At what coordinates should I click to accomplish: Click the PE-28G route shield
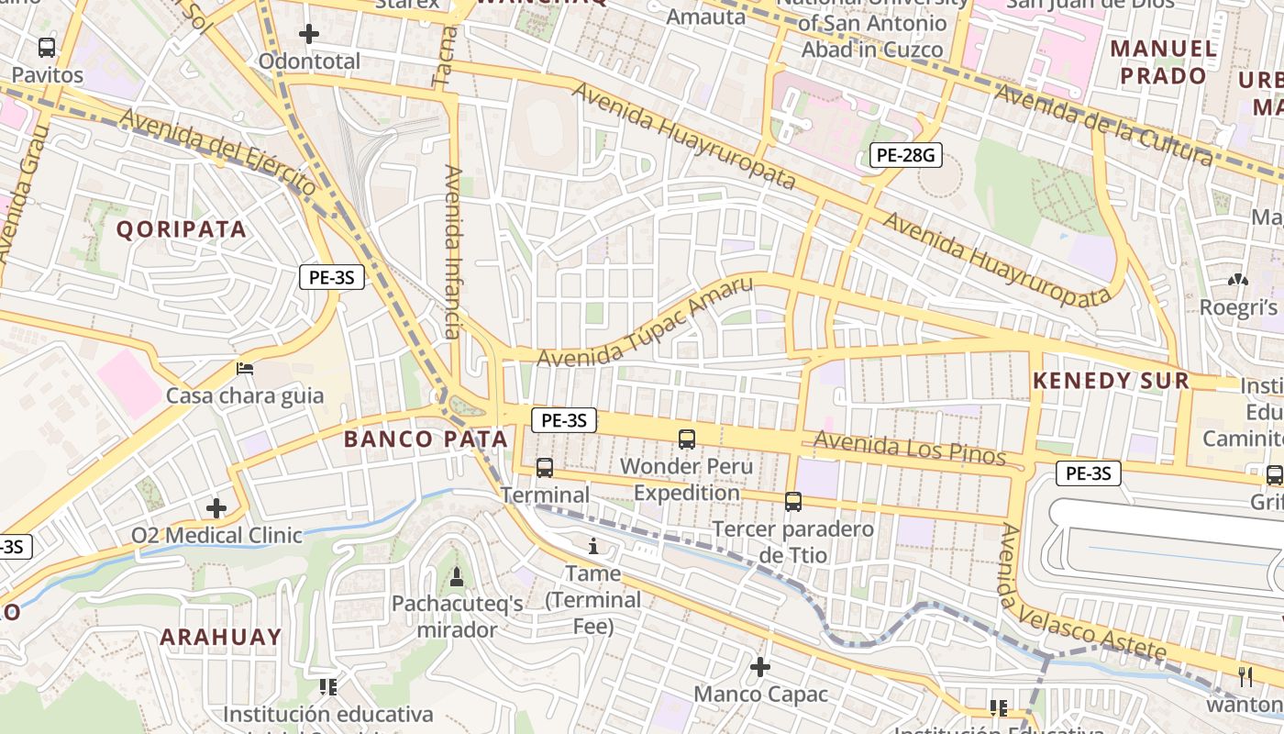point(905,155)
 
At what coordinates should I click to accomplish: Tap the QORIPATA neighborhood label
point(182,229)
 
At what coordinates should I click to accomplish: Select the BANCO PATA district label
point(426,439)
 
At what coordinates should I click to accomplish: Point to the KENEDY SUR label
point(1111,381)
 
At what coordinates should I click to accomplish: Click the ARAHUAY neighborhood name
point(221,637)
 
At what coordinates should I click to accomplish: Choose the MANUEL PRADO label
point(1164,61)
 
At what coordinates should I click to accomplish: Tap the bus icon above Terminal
point(545,468)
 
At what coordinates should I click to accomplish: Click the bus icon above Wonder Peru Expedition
point(686,439)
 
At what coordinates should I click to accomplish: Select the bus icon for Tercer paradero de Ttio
point(793,502)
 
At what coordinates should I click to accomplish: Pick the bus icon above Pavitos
point(47,48)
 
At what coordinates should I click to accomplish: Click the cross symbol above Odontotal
point(309,35)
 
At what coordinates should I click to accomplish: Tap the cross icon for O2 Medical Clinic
point(216,507)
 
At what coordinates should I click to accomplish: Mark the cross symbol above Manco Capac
point(760,667)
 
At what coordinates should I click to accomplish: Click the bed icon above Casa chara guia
point(245,369)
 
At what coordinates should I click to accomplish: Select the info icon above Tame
point(593,547)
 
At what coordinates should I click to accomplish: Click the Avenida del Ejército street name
point(217,151)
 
